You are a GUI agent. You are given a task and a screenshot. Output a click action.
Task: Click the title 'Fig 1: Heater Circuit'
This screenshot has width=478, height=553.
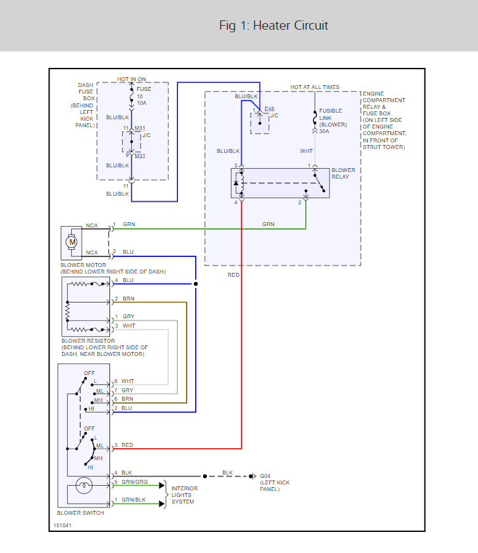pyautogui.click(x=274, y=26)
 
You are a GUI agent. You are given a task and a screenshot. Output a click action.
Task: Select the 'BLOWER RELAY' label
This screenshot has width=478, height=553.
pyautogui.click(x=343, y=173)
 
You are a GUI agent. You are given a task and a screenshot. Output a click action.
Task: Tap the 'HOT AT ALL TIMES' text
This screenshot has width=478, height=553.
pyautogui.click(x=315, y=87)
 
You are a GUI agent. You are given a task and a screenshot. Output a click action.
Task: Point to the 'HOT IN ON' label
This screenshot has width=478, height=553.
pyautogui.click(x=132, y=79)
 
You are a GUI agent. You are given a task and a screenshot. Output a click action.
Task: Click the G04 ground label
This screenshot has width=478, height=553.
pyautogui.click(x=265, y=476)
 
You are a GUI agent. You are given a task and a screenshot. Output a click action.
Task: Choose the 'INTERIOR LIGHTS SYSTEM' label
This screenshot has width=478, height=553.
pyautogui.click(x=185, y=495)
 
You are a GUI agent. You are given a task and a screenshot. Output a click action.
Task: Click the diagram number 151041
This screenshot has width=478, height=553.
pyautogui.click(x=63, y=526)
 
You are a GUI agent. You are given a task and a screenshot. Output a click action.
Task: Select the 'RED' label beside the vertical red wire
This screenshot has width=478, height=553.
pyautogui.click(x=233, y=274)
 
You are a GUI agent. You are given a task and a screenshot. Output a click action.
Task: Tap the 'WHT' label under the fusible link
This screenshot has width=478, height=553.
pyautogui.click(x=307, y=151)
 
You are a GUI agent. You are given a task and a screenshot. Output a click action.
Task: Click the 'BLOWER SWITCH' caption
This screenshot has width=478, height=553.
pyautogui.click(x=80, y=513)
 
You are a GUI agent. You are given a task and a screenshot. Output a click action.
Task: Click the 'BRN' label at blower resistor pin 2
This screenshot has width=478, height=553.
pyautogui.click(x=128, y=299)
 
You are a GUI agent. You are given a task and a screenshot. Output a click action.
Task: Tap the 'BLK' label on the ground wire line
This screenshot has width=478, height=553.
pyautogui.click(x=227, y=473)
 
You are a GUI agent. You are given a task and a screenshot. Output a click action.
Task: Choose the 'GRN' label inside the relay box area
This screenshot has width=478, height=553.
pyautogui.click(x=268, y=224)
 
